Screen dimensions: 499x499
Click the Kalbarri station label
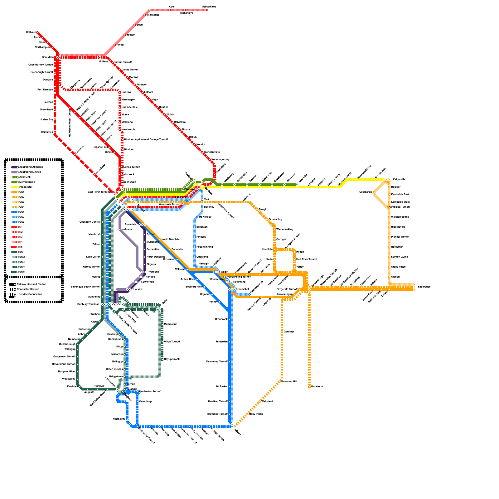[x=31, y=32]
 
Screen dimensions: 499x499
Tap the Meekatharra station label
[x=209, y=7]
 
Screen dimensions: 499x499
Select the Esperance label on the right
[x=424, y=287]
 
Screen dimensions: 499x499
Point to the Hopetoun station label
[x=317, y=387]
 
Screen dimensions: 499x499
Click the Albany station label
[x=238, y=432]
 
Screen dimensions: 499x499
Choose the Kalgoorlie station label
[x=399, y=180]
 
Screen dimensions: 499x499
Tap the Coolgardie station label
[x=366, y=192]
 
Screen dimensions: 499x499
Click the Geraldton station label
[x=48, y=57]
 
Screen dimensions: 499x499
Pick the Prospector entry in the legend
[x=26, y=187]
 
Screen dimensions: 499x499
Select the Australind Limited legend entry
[x=30, y=172]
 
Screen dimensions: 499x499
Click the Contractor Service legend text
[x=28, y=289]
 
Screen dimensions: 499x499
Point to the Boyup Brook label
[x=172, y=359]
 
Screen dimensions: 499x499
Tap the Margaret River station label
[x=67, y=372]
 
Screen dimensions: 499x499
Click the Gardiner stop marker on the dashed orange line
[x=282, y=331]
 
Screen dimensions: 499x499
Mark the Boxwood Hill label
[x=289, y=382]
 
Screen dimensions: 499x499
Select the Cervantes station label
[x=47, y=132]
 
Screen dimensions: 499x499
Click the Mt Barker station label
[x=222, y=387]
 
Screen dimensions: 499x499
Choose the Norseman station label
[x=397, y=247]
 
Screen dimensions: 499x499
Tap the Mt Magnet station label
[x=153, y=15]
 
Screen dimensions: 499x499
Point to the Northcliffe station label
[x=119, y=419]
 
